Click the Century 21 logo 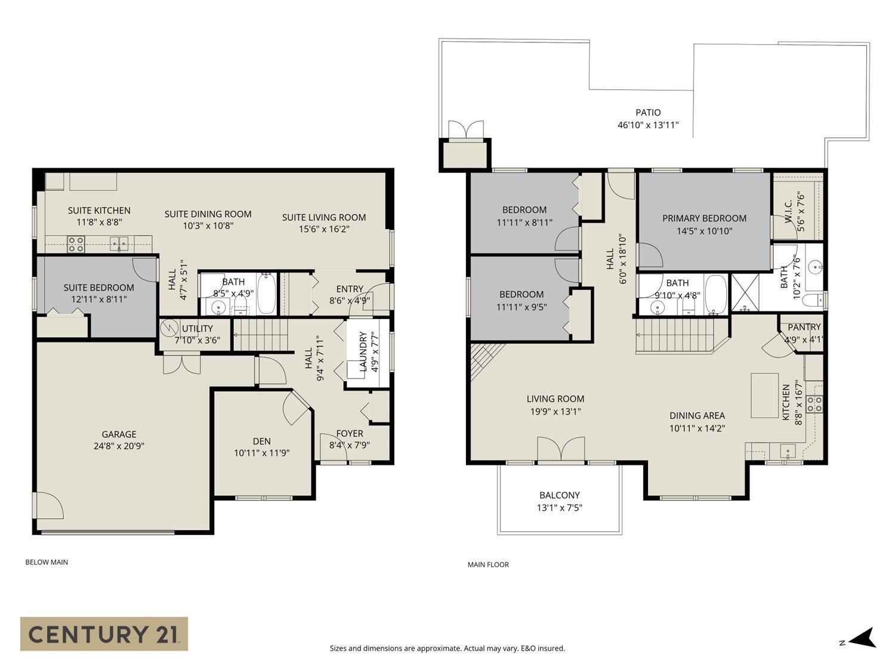pyautogui.click(x=104, y=633)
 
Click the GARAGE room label pyautogui.click(x=119, y=434)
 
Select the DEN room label pyautogui.click(x=261, y=441)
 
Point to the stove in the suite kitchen pyautogui.click(x=76, y=243)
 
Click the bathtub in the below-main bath pyautogui.click(x=267, y=293)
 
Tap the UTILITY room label pyautogui.click(x=197, y=329)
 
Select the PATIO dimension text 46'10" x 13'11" pyautogui.click(x=648, y=125)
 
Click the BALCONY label pyautogui.click(x=559, y=495)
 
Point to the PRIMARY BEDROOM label pyautogui.click(x=704, y=218)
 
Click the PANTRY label pyautogui.click(x=804, y=327)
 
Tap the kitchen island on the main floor pyautogui.click(x=764, y=395)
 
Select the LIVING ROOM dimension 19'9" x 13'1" pyautogui.click(x=555, y=412)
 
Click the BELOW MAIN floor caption pyautogui.click(x=47, y=562)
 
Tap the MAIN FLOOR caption pyautogui.click(x=488, y=564)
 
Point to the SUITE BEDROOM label pyautogui.click(x=98, y=287)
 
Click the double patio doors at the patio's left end pyautogui.click(x=465, y=130)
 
